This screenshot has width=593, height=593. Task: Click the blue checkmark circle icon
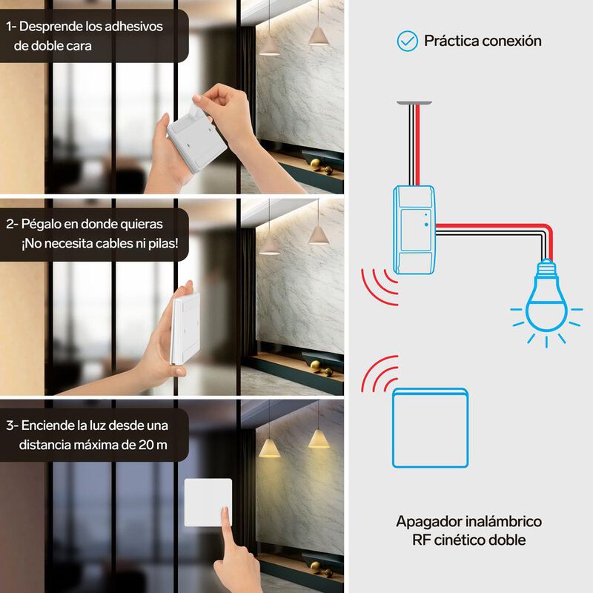pos(407,41)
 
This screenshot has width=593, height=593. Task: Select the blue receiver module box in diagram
pos(414,230)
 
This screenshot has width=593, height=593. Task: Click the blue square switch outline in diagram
pos(431,428)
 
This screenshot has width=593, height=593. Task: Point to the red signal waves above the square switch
pos(380,373)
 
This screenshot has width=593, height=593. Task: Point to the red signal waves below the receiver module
pos(380,287)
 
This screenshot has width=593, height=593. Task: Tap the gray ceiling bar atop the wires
pos(414,103)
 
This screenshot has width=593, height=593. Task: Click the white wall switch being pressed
pos(208,503)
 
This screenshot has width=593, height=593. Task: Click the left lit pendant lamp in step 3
pos(269,448)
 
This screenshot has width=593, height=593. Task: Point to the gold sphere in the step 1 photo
pos(316,163)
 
